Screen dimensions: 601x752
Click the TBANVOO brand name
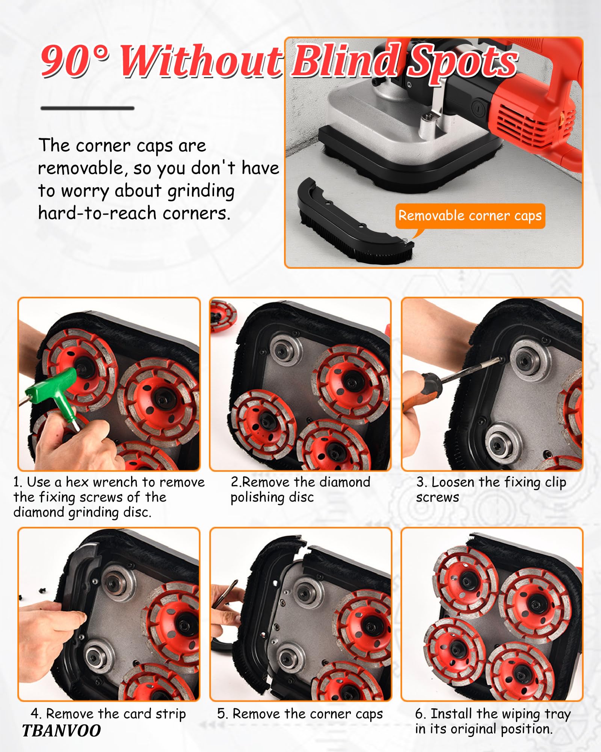[61, 731]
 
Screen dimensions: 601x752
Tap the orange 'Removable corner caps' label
[470, 216]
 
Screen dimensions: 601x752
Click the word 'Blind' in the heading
[345, 60]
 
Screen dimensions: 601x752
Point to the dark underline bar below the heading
[87, 108]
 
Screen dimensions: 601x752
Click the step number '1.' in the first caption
[18, 482]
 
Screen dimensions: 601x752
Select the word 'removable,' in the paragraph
[80, 168]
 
